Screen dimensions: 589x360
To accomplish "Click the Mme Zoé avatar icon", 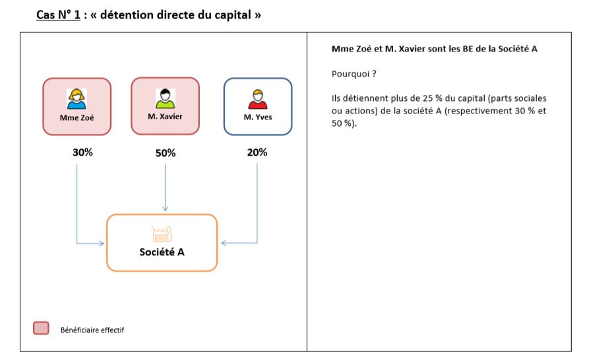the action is (77, 99).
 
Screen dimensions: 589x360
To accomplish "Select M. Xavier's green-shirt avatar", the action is (166, 98).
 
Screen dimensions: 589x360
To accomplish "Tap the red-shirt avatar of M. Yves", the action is (258, 99).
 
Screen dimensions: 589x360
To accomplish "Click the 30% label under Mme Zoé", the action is (82, 152).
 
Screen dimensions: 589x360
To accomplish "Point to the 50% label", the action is (166, 153).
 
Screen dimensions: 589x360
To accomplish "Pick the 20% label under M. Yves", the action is (257, 152).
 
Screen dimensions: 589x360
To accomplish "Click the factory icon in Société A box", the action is (162, 233).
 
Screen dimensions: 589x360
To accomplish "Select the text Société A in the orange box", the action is (162, 252).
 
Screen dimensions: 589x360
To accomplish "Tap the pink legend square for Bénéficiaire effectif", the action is (41, 328).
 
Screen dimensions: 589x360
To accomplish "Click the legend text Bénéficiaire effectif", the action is (92, 330).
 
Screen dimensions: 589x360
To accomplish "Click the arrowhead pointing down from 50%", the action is (165, 208).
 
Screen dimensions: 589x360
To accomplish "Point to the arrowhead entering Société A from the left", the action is (101, 243).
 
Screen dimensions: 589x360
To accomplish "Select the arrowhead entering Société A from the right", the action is (224, 243).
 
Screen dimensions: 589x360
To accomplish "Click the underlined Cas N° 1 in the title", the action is (58, 15).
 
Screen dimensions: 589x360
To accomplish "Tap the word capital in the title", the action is (233, 15).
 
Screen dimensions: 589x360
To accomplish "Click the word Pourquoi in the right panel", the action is (350, 74).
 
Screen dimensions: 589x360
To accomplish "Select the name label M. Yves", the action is (258, 117).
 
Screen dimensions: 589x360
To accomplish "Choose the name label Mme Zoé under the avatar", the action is (77, 117).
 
